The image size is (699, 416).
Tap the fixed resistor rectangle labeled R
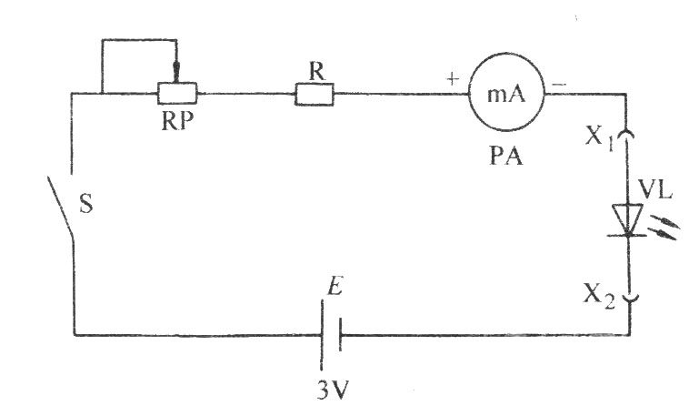click(x=315, y=94)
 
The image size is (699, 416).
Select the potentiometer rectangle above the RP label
click(x=177, y=94)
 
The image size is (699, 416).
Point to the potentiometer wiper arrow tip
click(x=176, y=82)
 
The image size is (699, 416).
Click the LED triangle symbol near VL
click(x=627, y=219)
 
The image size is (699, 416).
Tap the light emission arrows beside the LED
click(x=664, y=228)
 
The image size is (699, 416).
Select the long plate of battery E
click(x=322, y=335)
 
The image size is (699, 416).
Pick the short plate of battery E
click(x=340, y=335)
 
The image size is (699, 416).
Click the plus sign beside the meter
click(x=453, y=80)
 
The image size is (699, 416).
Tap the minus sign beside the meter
click(x=559, y=84)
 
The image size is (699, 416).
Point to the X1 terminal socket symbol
click(x=628, y=134)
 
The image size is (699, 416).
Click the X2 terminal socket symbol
click(x=630, y=298)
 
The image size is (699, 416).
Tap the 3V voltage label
click(x=333, y=391)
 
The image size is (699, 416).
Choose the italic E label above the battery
click(x=335, y=287)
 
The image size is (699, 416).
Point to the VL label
click(x=654, y=191)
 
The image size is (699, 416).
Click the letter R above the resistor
click(x=316, y=71)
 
